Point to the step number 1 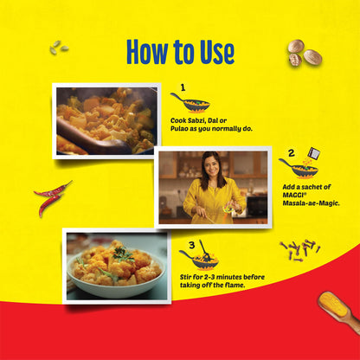183,87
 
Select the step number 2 291,152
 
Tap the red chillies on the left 52,198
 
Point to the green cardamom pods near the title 59,48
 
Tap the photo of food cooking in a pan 106,119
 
